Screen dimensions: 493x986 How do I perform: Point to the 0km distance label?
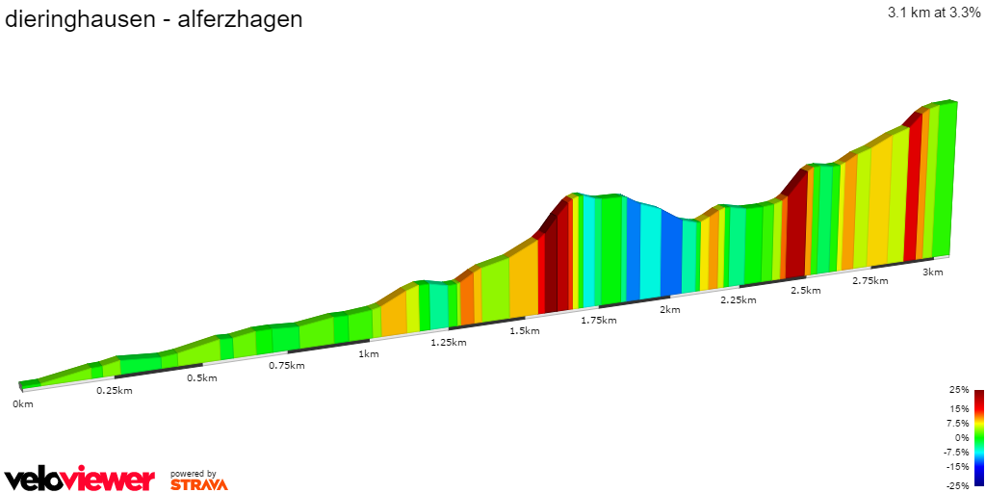tap(23, 403)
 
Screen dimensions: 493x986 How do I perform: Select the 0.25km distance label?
tap(114, 390)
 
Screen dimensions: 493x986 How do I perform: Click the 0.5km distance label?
tap(201, 377)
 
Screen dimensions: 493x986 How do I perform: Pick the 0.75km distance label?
tap(287, 366)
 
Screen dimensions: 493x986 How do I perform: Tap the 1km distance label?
tap(369, 353)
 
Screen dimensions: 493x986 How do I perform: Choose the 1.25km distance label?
tap(449, 342)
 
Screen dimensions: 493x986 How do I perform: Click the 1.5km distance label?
tap(525, 330)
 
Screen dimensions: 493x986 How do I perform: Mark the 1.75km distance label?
tap(598, 320)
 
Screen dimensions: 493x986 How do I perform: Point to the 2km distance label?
tap(670, 309)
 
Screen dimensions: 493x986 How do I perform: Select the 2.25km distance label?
tap(739, 299)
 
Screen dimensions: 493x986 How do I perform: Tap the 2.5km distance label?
tap(805, 290)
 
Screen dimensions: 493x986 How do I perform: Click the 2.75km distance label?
tap(869, 280)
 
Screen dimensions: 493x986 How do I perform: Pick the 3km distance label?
tap(933, 272)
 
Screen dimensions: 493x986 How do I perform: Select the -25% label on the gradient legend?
tap(958, 486)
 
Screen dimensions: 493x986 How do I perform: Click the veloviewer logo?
tap(80, 480)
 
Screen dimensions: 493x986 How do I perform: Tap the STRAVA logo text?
tap(199, 484)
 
